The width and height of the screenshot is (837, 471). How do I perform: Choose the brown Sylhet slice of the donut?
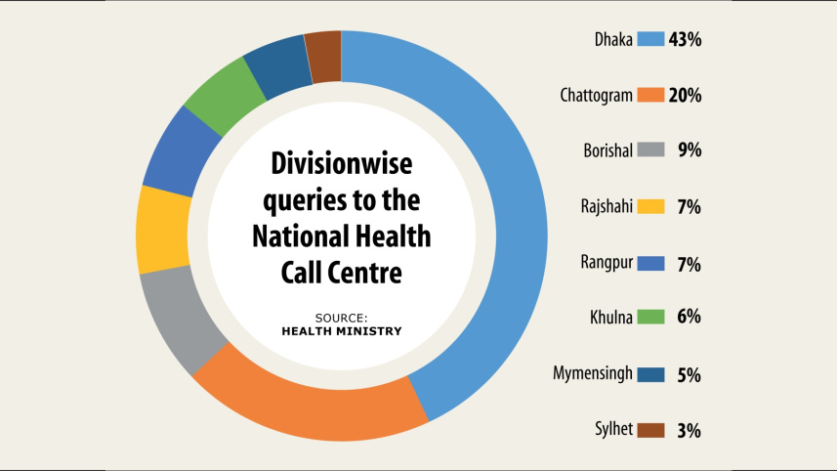tap(324, 57)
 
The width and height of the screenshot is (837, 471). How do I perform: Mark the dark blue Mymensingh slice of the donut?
tap(278, 67)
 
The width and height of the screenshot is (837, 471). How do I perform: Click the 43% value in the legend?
tap(685, 39)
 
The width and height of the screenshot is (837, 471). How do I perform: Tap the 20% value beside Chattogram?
tap(685, 95)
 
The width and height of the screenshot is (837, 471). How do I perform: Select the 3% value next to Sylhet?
tap(689, 430)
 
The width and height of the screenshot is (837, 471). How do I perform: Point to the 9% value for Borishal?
tap(690, 150)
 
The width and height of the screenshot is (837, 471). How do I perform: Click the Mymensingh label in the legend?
tap(593, 373)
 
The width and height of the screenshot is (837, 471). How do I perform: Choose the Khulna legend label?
tap(611, 318)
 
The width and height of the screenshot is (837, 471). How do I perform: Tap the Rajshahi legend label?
tap(607, 206)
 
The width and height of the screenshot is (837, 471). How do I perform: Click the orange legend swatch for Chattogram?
tap(650, 95)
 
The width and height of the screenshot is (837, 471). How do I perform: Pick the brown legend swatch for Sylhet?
tap(650, 430)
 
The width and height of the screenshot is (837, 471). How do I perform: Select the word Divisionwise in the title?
tap(342, 163)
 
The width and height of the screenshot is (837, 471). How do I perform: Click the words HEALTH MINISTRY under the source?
tap(342, 331)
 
